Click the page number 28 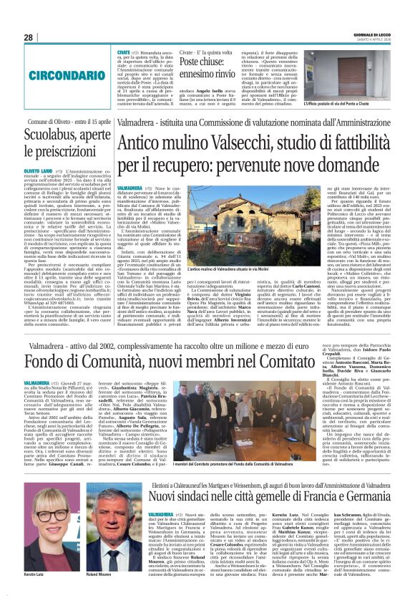28,37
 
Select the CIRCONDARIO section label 50,72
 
